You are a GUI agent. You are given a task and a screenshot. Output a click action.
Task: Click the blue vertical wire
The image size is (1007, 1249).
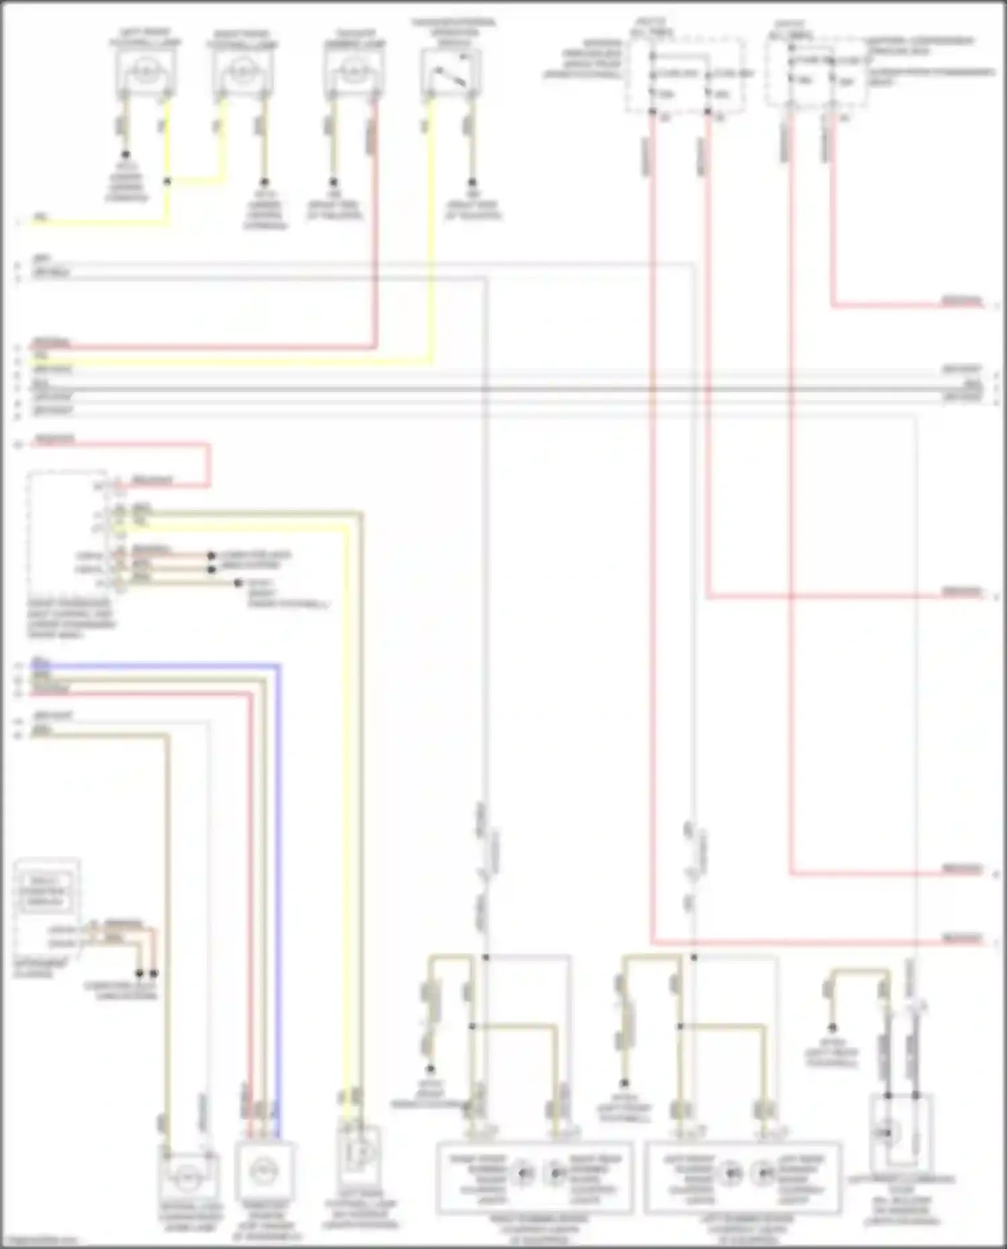[x=278, y=872]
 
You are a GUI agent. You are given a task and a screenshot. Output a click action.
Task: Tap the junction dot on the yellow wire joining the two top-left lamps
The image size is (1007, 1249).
[x=167, y=181]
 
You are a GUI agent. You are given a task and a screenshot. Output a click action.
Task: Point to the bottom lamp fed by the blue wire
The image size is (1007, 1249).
[x=263, y=1172]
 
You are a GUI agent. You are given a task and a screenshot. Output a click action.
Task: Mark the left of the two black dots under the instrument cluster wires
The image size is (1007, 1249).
[x=140, y=973]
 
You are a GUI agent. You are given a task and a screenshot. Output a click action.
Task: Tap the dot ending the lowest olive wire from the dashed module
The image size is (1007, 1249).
[x=238, y=583]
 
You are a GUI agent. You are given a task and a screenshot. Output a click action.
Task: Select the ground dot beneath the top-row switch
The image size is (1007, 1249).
[x=472, y=182]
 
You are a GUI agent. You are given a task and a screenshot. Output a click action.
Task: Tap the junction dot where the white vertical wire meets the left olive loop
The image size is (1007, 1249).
[x=485, y=957]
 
